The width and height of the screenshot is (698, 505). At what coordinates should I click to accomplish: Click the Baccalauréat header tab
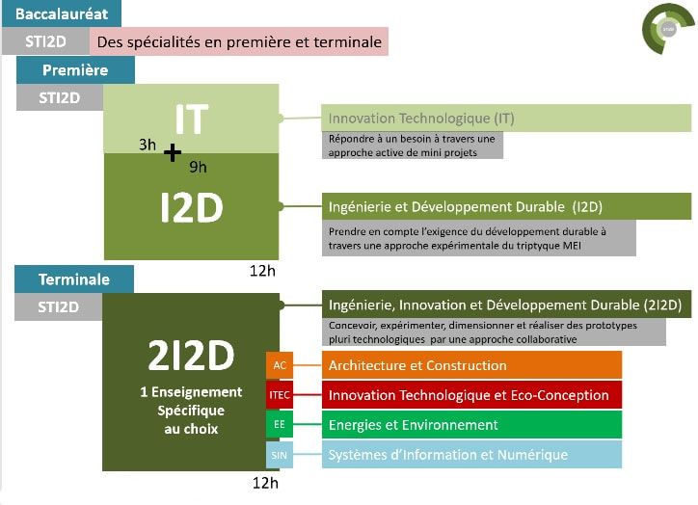click(62, 13)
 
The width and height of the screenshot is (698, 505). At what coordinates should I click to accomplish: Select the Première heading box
click(75, 69)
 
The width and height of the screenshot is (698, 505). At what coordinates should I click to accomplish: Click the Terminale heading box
click(74, 279)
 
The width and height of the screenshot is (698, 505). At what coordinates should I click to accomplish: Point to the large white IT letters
click(192, 119)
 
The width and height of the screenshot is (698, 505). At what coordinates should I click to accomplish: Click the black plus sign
click(173, 152)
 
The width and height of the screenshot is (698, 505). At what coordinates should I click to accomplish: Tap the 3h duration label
click(148, 145)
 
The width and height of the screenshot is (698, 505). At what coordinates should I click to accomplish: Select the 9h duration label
click(198, 167)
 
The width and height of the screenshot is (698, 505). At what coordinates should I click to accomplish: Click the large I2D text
click(192, 207)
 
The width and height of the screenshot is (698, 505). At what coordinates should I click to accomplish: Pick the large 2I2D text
click(191, 355)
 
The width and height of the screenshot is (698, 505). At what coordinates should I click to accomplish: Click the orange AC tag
click(280, 365)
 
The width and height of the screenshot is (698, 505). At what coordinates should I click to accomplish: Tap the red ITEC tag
click(280, 395)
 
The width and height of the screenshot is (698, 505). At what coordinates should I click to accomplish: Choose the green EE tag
click(280, 424)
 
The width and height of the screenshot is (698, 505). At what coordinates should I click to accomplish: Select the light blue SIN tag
click(280, 455)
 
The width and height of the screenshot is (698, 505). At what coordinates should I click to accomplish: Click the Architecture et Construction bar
click(471, 365)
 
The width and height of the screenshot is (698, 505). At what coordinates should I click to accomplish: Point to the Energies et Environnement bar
click(471, 425)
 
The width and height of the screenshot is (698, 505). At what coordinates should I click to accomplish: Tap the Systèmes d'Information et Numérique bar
click(471, 455)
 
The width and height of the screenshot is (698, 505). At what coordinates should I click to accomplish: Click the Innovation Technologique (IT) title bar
click(506, 118)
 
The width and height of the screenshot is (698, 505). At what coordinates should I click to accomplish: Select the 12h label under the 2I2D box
click(265, 483)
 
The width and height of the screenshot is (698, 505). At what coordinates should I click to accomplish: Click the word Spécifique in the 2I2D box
click(191, 411)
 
